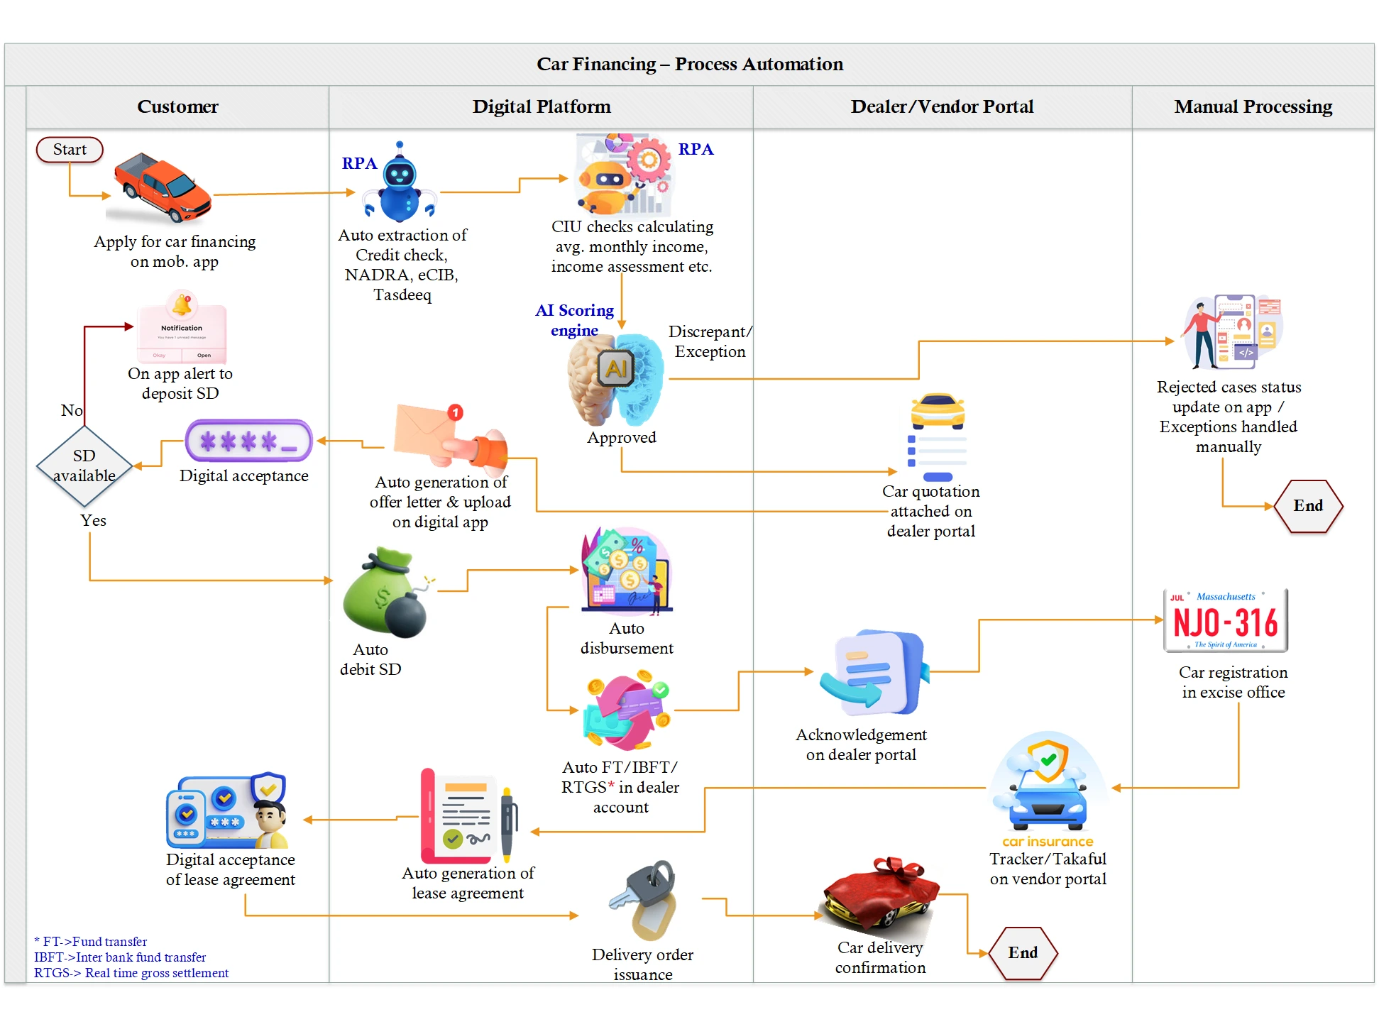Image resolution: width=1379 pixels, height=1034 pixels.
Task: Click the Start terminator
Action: pos(70,150)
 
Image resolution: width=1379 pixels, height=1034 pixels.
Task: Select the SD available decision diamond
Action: pos(84,466)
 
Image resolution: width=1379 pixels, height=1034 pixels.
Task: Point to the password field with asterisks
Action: pos(248,441)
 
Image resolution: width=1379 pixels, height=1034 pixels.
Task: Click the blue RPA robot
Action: pos(400,184)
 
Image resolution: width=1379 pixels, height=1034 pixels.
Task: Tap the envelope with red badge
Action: pos(426,430)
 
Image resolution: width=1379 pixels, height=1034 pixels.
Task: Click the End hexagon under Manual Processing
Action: pos(1308,506)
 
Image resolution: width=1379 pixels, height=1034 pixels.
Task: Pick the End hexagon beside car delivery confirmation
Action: pos(1023,953)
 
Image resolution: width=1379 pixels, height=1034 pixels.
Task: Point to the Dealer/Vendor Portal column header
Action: pos(942,107)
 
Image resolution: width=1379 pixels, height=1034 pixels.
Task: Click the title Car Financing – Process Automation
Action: pos(689,65)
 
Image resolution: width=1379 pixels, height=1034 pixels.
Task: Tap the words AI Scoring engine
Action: pos(574,320)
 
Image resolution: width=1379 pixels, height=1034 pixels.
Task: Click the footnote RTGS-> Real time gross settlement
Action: pos(131,973)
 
